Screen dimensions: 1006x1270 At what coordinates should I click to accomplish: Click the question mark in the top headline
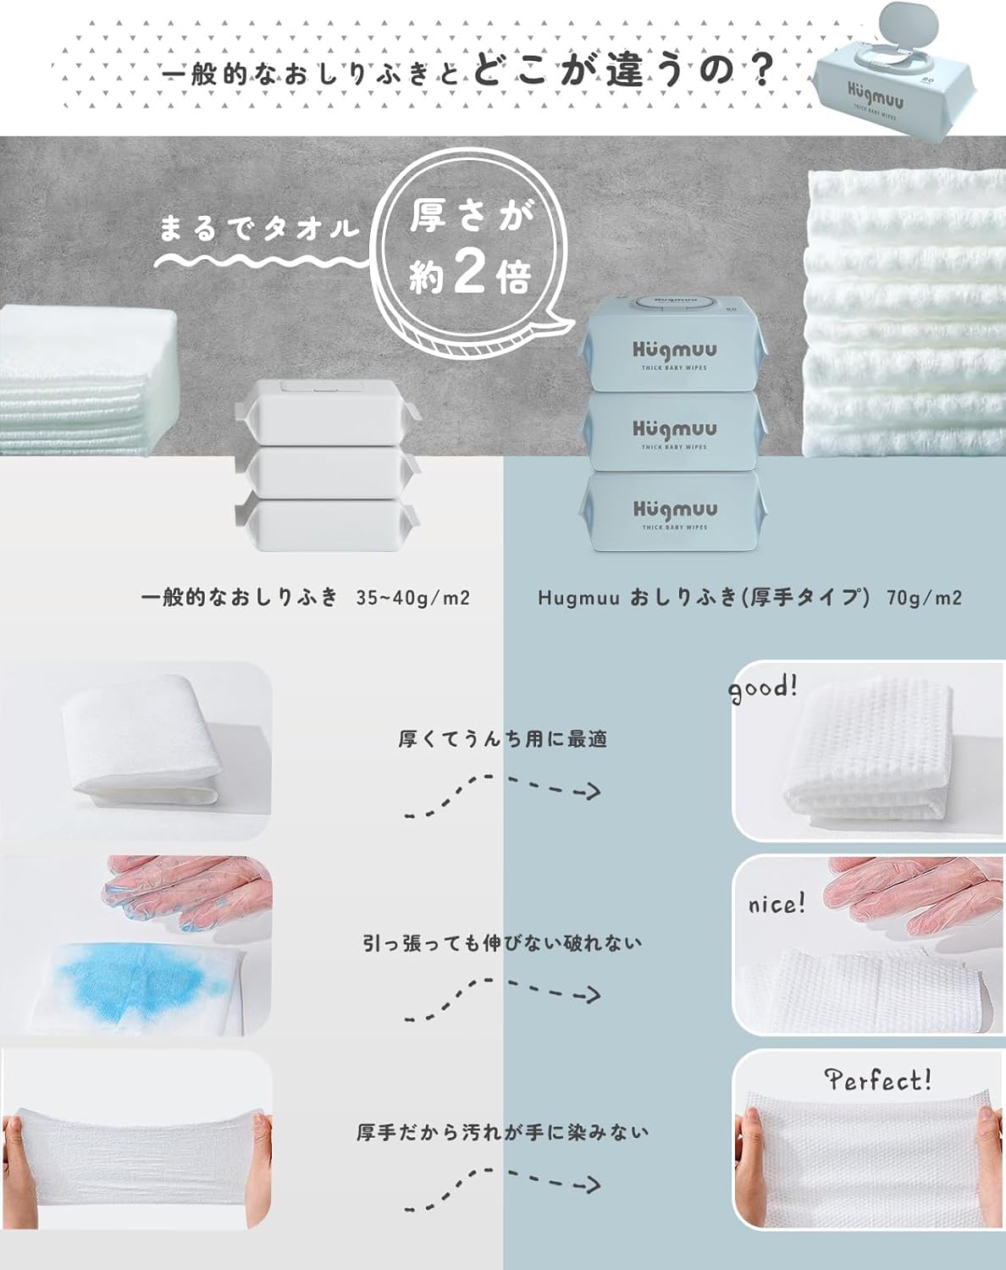click(755, 71)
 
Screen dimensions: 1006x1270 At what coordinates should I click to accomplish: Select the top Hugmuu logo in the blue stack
click(675, 351)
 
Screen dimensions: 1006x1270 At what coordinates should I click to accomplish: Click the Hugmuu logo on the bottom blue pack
click(675, 510)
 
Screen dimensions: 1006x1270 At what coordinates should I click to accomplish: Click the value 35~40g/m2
click(412, 599)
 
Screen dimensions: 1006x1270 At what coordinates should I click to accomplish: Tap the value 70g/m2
click(924, 599)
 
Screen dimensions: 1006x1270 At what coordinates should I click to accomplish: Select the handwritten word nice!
click(777, 905)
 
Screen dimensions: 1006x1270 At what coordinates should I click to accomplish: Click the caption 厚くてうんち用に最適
click(503, 739)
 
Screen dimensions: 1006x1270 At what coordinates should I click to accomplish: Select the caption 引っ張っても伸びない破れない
click(502, 944)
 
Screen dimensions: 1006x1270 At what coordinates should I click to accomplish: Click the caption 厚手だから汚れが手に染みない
click(502, 1132)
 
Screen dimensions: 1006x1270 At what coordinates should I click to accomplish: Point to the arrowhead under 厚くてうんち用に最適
click(592, 792)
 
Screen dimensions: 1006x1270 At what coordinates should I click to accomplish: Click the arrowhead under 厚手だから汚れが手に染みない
click(592, 1184)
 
